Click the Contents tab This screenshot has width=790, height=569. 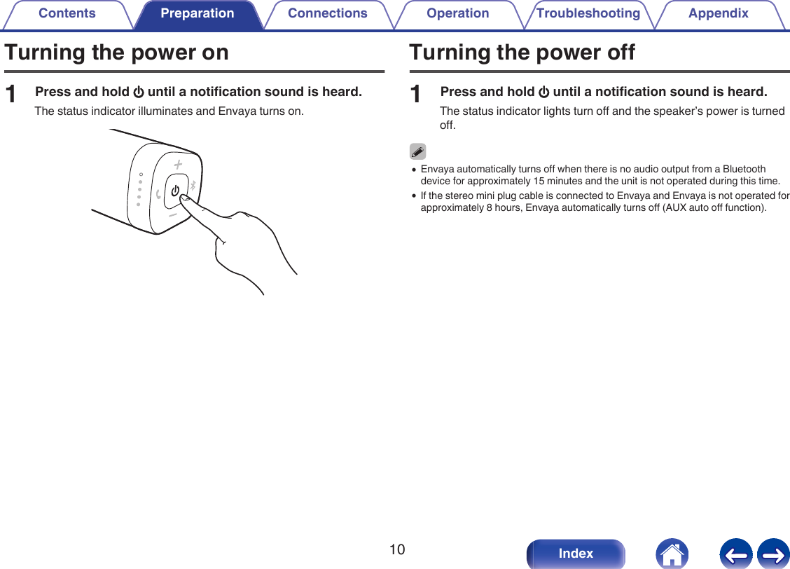point(67,13)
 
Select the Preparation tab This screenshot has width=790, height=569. point(197,13)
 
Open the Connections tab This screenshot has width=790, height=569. point(327,13)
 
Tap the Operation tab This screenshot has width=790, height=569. point(458,13)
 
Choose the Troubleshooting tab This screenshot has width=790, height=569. point(588,13)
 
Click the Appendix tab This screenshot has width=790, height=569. point(718,13)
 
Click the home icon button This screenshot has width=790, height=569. point(672,554)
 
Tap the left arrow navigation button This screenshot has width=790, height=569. point(735,554)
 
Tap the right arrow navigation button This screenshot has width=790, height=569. point(772,554)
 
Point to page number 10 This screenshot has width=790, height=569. point(397,549)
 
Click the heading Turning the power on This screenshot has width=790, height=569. point(116,53)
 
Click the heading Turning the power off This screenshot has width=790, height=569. point(522,53)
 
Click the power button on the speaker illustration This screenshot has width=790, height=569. point(175,189)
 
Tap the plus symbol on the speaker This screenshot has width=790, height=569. point(178,164)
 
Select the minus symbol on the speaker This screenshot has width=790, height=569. point(172,214)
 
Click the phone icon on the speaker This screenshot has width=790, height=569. point(158,193)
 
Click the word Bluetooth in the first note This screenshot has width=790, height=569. point(744,170)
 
